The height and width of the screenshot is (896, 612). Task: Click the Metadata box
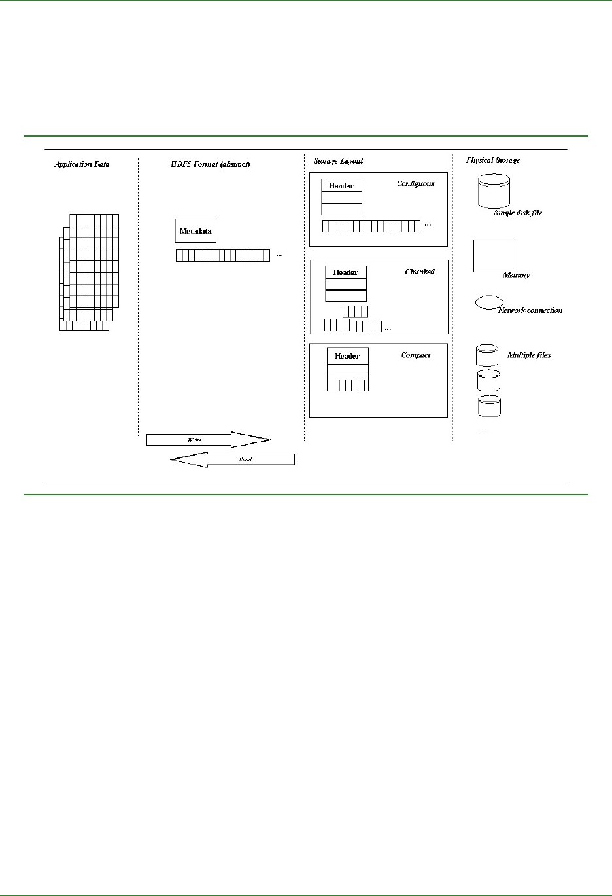point(195,231)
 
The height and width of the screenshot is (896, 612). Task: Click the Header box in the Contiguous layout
point(341,185)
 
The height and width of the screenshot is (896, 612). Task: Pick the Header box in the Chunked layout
point(346,272)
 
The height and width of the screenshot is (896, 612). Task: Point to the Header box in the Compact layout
point(347,356)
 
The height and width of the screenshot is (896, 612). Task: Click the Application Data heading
point(82,164)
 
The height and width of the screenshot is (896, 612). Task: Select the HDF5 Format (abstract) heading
point(210,164)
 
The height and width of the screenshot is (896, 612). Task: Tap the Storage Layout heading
point(338,161)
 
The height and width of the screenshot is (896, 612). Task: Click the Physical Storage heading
point(493,160)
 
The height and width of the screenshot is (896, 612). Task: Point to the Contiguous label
point(415,183)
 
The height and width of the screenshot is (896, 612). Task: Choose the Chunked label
point(420,272)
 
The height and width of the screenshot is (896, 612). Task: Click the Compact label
point(416,355)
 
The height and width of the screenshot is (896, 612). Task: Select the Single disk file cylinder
point(494,191)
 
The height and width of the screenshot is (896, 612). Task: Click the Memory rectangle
point(494,255)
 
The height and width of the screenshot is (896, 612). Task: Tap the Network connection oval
point(488,302)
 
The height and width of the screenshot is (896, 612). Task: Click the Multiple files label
point(529,355)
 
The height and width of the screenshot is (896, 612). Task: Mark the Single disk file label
point(517,213)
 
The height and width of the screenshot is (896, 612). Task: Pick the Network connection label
point(530,310)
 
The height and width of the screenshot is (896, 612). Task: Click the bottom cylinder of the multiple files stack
point(489,406)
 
